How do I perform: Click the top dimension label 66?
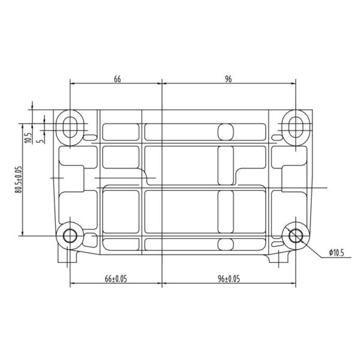pos(117,79)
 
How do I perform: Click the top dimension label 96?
pos(228,79)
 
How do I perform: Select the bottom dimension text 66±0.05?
pos(116,279)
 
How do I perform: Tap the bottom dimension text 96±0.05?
pos(229,279)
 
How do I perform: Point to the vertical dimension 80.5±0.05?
pos(19,179)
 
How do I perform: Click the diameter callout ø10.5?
pos(337,253)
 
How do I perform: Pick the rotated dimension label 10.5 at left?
pos(28,138)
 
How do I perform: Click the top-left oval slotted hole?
pos(70,127)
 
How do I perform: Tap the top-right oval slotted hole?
pos(295,127)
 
